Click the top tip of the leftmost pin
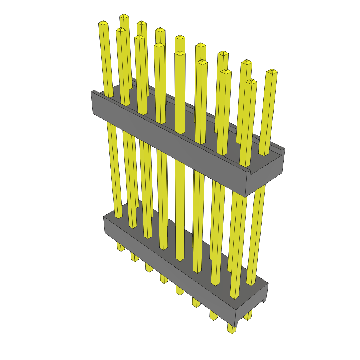[x=103, y=23]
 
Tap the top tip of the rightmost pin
[x=271, y=71]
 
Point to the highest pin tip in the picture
[x=124, y=16]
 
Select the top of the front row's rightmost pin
[x=251, y=81]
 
